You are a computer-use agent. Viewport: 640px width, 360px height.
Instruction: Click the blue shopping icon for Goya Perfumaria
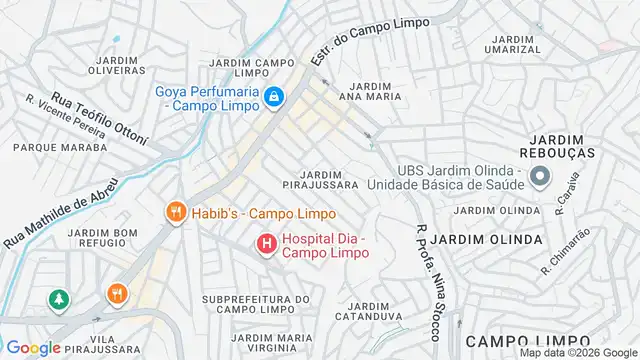tap(272, 97)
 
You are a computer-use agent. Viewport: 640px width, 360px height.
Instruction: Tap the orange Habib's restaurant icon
tap(175, 212)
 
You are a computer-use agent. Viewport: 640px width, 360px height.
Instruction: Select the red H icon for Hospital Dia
tap(266, 242)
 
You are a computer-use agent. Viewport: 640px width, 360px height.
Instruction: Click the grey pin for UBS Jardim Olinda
tap(540, 178)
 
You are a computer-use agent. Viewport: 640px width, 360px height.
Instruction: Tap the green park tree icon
tap(60, 298)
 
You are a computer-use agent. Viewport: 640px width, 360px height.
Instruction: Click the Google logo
tap(33, 347)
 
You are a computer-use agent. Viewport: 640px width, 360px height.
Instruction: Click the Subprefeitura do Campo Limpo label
tap(256, 305)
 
